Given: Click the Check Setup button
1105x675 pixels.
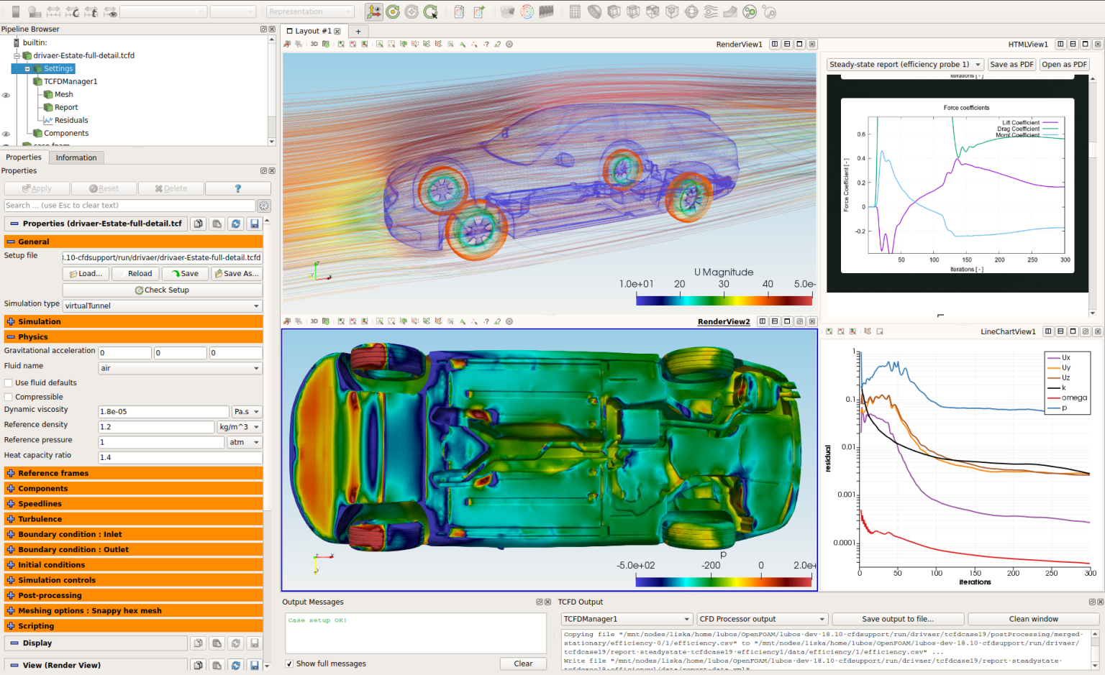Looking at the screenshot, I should coord(162,290).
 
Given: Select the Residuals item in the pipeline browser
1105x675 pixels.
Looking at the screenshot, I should coord(71,120).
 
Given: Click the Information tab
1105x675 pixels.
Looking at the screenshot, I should coord(76,157).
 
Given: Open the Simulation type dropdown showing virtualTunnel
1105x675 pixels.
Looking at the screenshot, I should coord(162,306).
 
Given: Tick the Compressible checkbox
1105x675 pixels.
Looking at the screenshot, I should coord(9,397).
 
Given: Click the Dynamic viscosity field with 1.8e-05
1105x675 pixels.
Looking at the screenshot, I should coord(163,412).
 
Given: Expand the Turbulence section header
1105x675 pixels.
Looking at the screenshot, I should coord(40,519).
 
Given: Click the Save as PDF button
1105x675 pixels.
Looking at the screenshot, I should coord(1011,65).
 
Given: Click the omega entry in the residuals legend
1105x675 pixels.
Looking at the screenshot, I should coord(1073,398).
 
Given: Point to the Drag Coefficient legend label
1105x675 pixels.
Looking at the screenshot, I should coord(1018,129).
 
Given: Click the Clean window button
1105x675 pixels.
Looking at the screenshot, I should coord(1033,619).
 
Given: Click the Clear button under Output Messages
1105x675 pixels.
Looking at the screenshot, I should coord(523,663).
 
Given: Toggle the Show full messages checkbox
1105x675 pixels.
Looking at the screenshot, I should coord(289,663).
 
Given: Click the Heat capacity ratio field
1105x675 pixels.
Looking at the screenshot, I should coord(179,457).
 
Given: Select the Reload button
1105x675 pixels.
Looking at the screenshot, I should coord(140,274).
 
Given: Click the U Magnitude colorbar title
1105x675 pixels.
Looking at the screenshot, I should coord(724,272).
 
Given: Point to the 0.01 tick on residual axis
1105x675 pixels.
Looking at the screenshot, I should coord(849,447).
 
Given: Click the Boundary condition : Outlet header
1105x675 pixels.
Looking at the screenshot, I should coord(73,550).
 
